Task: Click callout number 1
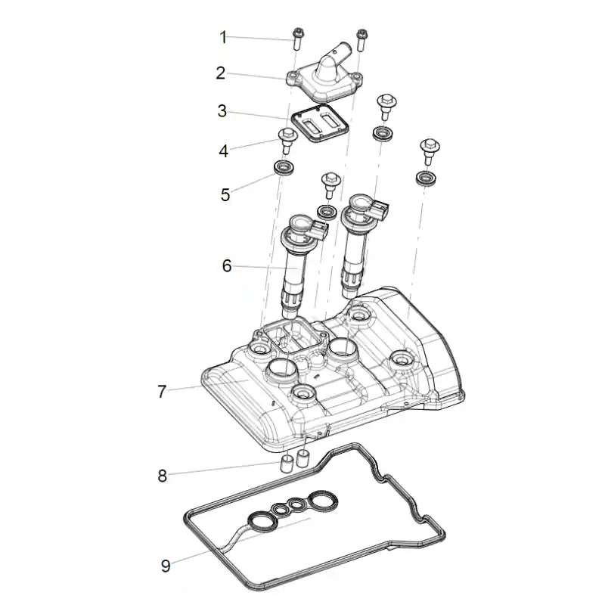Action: [x=222, y=37]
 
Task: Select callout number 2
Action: [x=220, y=73]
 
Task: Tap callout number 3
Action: [x=222, y=111]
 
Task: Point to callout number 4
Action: [x=223, y=150]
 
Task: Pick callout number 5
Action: [x=225, y=195]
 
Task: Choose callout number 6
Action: [x=227, y=266]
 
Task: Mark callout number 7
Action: [x=162, y=392]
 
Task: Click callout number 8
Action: [x=163, y=476]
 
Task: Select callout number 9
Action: [x=166, y=566]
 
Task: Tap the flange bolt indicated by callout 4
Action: [x=287, y=141]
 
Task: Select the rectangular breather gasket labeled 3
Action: [x=320, y=123]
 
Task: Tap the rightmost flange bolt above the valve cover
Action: [x=430, y=152]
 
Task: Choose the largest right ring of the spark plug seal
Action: [x=323, y=501]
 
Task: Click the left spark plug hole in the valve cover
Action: [x=280, y=371]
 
